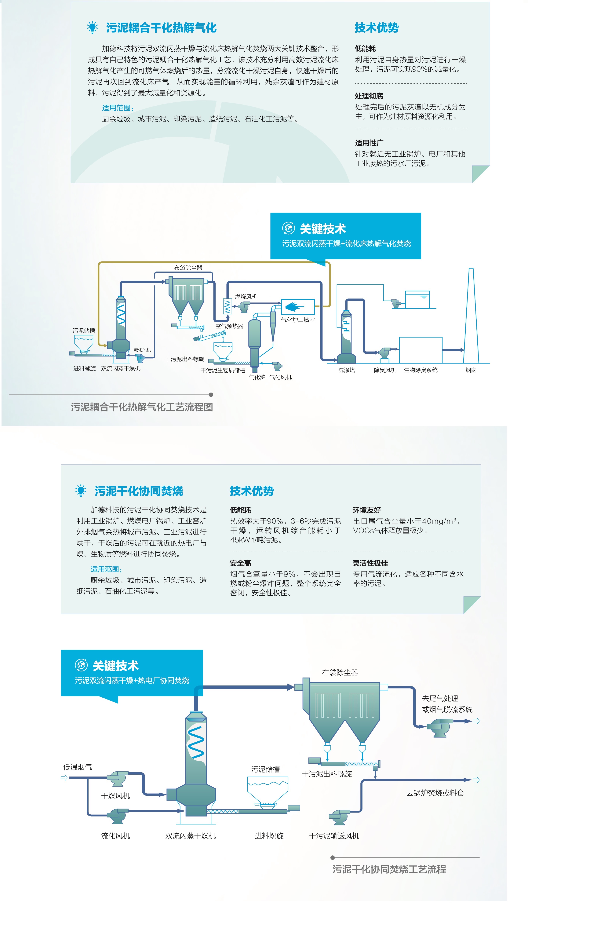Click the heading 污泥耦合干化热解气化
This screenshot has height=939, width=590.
coord(161,28)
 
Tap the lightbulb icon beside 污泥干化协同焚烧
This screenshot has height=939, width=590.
coord(81,491)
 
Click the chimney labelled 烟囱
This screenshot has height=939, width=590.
coord(471,316)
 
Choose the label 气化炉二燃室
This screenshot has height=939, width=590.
coord(297,320)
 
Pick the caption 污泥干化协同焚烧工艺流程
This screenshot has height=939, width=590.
coord(389,869)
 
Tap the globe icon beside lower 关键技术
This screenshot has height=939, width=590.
coord(81,665)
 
